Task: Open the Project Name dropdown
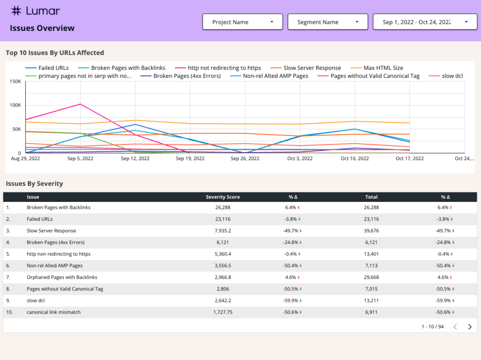242,22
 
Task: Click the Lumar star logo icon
16,11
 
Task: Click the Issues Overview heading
42,28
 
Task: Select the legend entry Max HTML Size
383,68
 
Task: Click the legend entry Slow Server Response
312,68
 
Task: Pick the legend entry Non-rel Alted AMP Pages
275,76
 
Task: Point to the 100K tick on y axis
15,105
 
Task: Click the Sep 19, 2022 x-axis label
190,159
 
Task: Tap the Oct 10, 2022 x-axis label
355,159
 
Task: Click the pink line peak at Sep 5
80,104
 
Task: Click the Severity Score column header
223,197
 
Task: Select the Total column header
371,197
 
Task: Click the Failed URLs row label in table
39,219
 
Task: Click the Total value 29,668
371,277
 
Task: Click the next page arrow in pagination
470,327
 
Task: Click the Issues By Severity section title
34,184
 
